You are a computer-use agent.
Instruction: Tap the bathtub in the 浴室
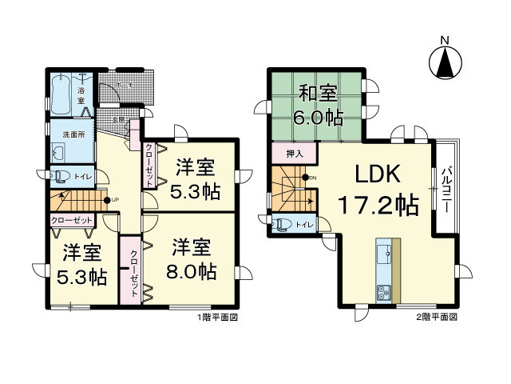pyautogui.click(x=61, y=94)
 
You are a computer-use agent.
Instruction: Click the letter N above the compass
pyautogui.click(x=446, y=39)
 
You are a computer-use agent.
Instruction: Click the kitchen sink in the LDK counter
pyautogui.click(x=384, y=254)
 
